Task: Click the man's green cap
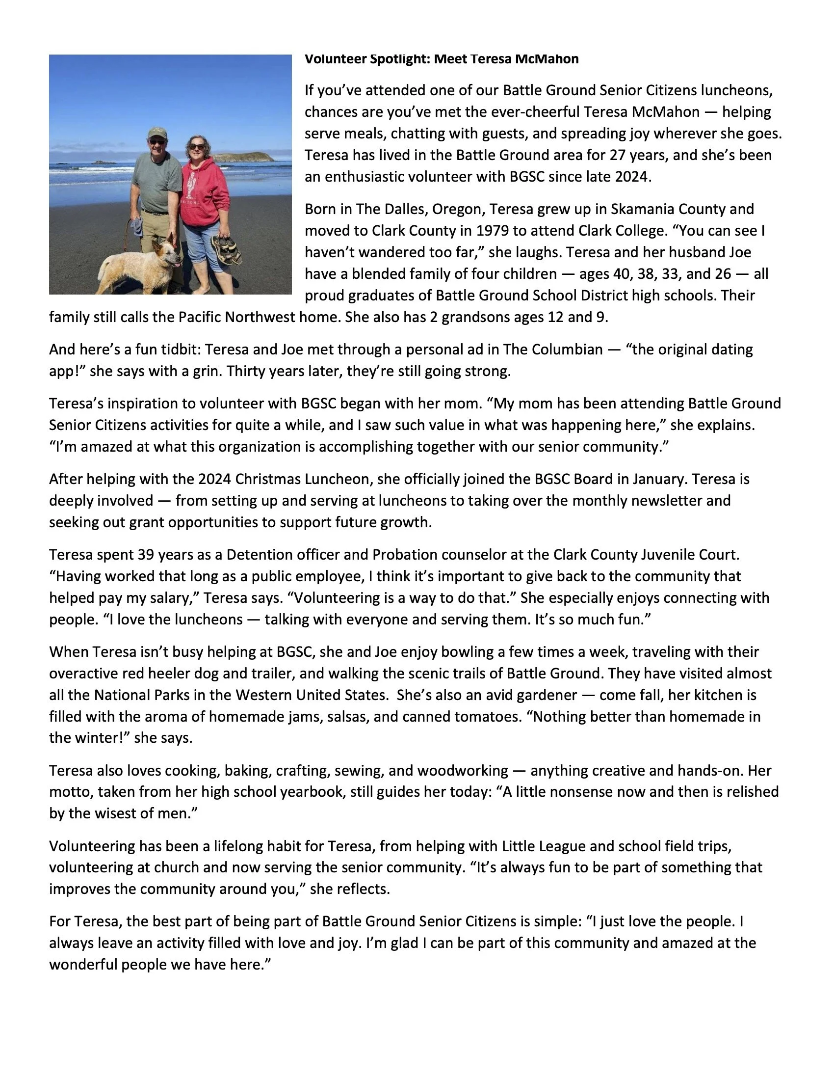point(157,133)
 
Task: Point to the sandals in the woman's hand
point(225,247)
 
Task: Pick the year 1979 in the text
point(493,231)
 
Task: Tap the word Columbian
point(568,350)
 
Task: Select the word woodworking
point(463,771)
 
